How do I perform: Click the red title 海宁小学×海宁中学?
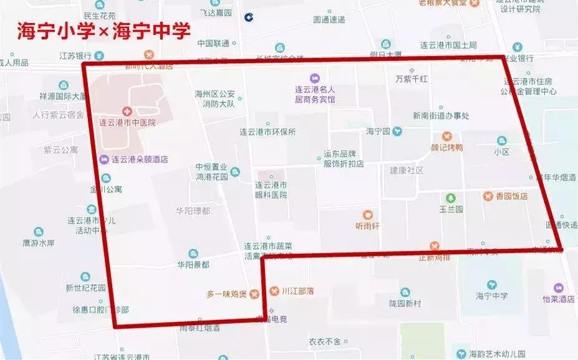(104, 31)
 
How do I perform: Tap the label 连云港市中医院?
(128, 123)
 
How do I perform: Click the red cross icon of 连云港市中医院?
(127, 111)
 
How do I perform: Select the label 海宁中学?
(491, 296)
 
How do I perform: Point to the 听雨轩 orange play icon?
(368, 214)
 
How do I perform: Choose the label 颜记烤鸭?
(446, 147)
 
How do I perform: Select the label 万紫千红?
(412, 79)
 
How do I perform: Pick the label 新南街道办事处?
(441, 115)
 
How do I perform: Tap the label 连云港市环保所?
(267, 132)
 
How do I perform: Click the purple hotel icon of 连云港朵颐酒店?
(104, 158)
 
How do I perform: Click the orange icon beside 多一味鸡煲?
(254, 294)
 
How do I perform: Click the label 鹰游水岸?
(39, 243)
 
